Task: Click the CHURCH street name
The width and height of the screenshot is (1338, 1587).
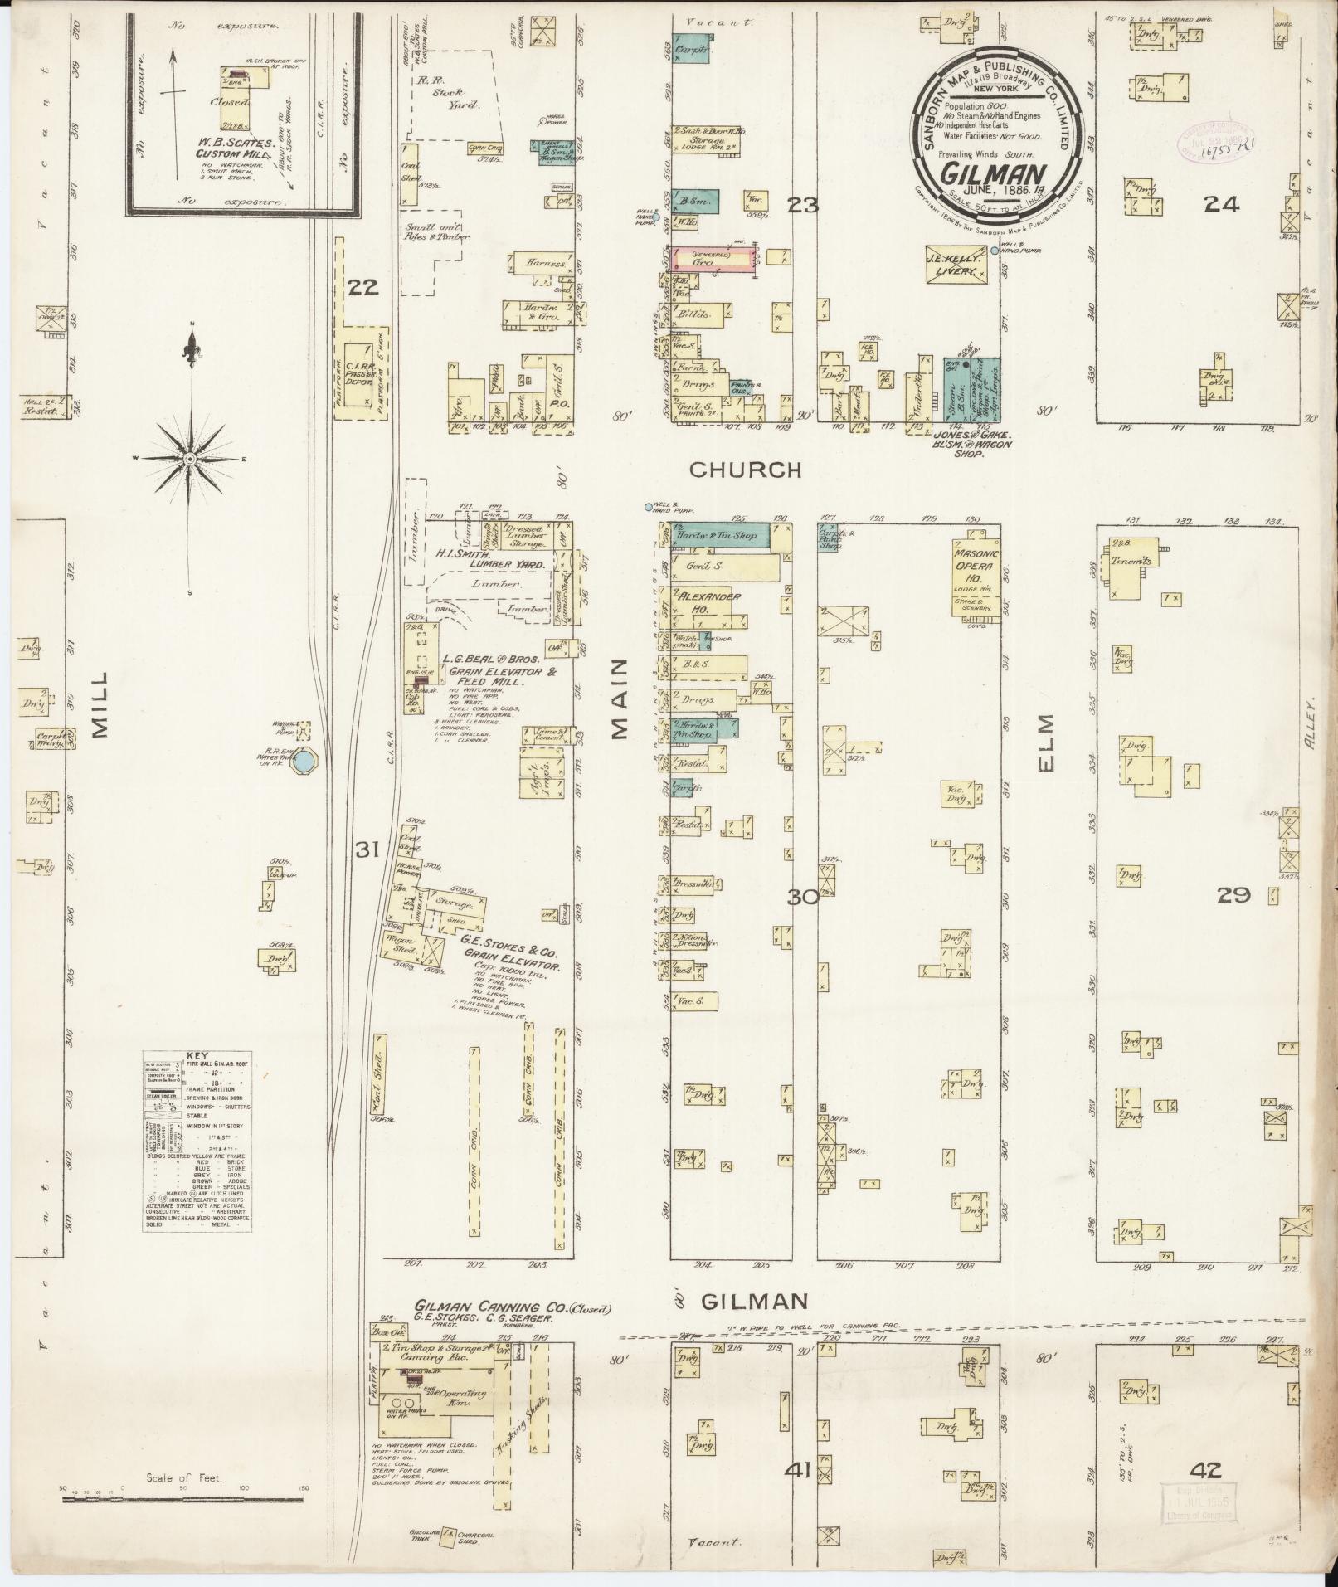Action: tap(746, 470)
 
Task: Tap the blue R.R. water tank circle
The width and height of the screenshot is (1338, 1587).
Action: tap(306, 759)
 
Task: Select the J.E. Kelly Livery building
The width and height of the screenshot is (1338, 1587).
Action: tap(959, 265)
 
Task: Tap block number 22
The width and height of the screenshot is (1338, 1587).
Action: tap(363, 288)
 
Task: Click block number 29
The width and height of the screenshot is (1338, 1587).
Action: tap(1233, 895)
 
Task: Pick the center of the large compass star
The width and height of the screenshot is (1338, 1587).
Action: tap(190, 459)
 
